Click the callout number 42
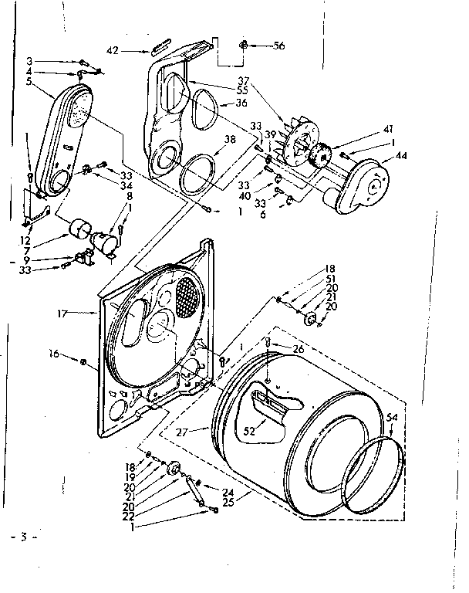[113, 51]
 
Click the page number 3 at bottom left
[24, 536]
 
